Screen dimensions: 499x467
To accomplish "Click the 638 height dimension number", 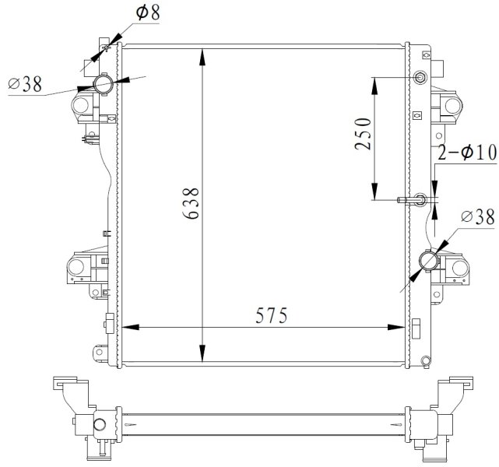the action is coord(191,203).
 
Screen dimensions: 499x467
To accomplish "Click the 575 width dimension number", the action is coord(272,315).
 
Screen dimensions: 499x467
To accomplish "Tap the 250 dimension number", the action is coord(363,134).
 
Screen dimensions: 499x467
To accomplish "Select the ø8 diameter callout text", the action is coord(148,12).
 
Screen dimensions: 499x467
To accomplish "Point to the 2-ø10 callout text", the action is coord(467,152).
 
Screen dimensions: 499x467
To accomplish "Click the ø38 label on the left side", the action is coord(25,84).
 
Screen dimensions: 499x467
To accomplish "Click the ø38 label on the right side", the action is coord(478,216).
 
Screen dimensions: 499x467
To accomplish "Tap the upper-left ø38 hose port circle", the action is coord(103,84).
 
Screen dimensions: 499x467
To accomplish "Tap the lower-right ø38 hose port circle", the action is coord(429,260).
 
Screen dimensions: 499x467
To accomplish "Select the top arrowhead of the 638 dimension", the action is coord(202,58).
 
